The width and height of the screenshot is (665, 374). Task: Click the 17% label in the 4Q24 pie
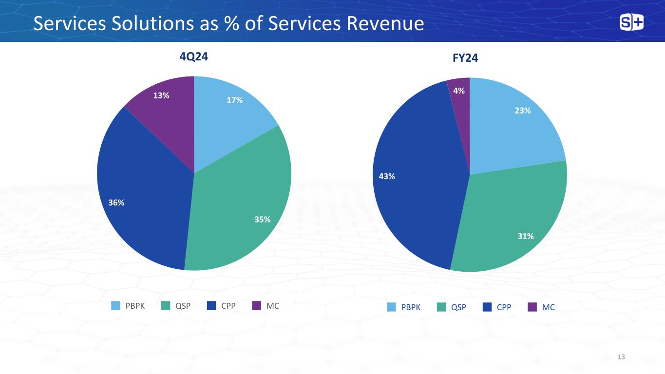tap(235, 100)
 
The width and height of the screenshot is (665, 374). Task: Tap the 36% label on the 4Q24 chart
tap(116, 203)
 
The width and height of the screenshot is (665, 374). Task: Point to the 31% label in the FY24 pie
tap(526, 236)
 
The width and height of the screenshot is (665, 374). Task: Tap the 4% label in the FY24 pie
tap(458, 90)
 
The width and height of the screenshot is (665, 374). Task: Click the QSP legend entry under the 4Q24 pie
tap(183, 306)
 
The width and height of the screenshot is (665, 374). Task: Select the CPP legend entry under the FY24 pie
tap(504, 307)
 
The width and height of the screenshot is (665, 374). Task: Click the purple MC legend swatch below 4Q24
tap(257, 306)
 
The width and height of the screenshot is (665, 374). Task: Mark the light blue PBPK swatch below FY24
tap(392, 307)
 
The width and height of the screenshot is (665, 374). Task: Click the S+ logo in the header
tap(631, 23)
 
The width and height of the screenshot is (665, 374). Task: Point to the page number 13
tap(621, 357)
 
